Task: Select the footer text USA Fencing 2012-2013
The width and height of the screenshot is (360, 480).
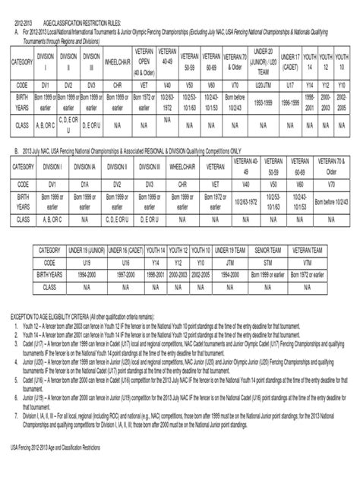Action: [x=60, y=472]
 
